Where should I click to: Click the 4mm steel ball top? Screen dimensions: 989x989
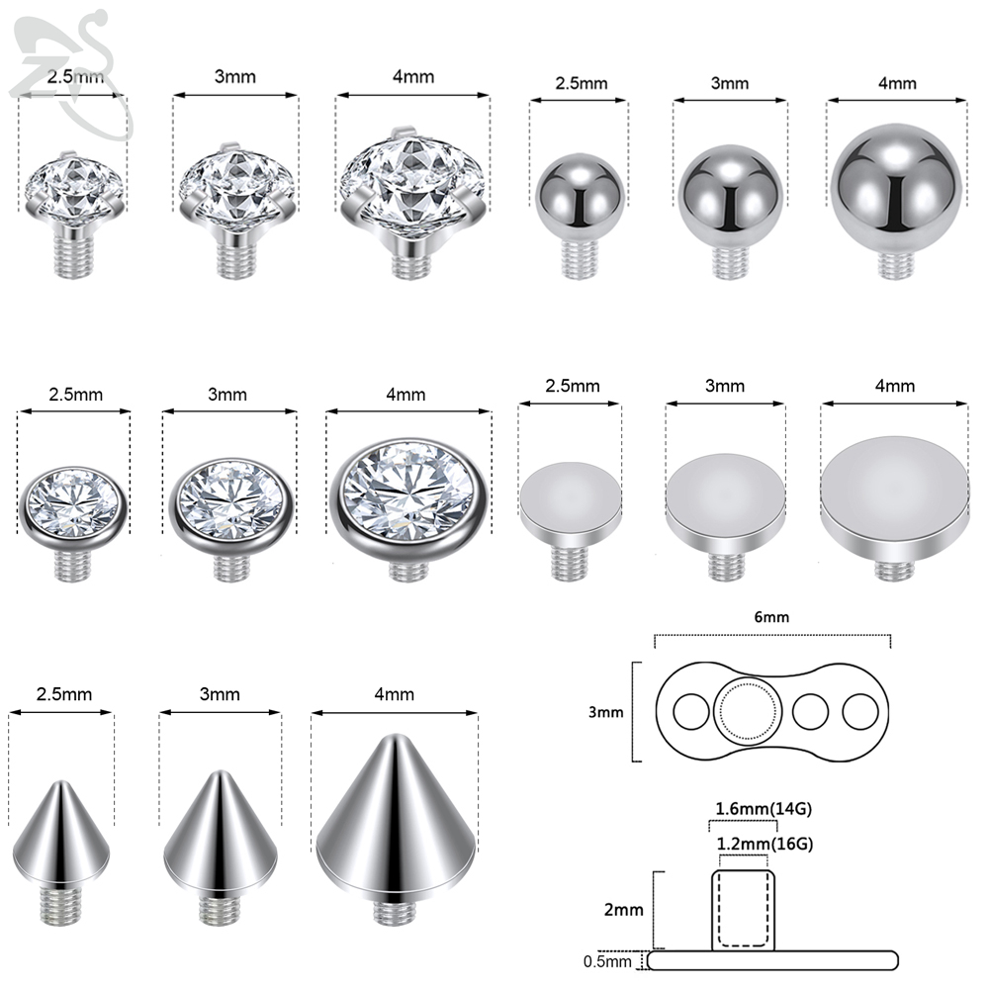coord(896,202)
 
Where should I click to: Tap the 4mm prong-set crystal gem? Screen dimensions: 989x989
coord(412,203)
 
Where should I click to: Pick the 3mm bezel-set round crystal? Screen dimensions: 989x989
coord(231,518)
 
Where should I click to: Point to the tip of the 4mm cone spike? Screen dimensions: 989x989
coord(395,735)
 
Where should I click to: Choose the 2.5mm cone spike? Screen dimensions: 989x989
coord(61,853)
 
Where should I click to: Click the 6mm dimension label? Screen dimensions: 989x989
coord(771,617)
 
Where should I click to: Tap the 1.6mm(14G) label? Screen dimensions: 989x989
coord(764,809)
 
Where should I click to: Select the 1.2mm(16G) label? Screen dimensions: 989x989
coord(764,844)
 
